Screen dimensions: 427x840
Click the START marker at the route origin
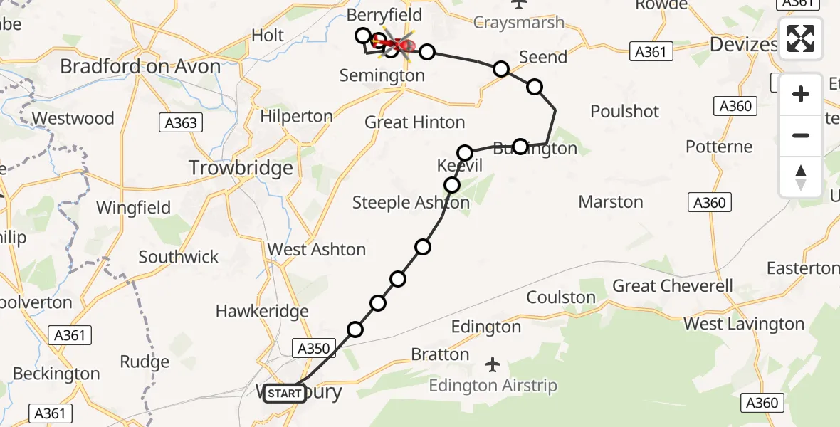click(285, 393)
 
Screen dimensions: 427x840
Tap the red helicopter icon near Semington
click(399, 46)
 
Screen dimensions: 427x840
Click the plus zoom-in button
click(801, 95)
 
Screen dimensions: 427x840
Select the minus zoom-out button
click(801, 135)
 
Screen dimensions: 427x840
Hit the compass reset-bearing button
click(801, 176)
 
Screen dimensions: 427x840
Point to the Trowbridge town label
click(241, 168)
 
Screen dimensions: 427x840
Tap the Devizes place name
click(743, 44)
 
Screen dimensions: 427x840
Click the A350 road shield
click(313, 348)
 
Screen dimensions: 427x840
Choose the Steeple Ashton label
click(411, 203)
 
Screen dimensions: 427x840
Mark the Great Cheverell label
click(672, 286)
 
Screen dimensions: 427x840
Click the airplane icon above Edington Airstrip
click(492, 365)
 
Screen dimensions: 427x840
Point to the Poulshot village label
click(624, 112)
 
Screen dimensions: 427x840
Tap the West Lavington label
click(744, 325)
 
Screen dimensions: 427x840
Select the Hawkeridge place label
click(262, 311)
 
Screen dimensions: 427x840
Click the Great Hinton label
click(414, 122)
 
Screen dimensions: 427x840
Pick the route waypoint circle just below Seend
click(501, 69)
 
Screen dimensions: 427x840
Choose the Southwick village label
click(179, 257)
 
